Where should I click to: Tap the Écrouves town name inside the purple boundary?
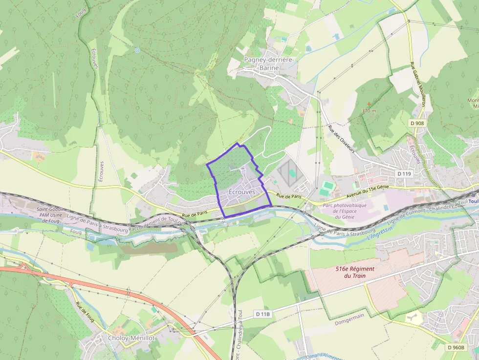241,192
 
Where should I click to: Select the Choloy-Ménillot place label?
131,338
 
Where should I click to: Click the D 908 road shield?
417,123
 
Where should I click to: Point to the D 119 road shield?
404,173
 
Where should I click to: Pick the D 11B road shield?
262,314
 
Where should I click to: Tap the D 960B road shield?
455,347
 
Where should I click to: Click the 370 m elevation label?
369,111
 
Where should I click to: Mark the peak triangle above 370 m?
369,104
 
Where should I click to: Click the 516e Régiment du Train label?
355,272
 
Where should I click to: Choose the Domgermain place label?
350,323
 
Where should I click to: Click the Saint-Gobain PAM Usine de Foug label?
52,214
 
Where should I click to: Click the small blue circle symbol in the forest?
137,50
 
